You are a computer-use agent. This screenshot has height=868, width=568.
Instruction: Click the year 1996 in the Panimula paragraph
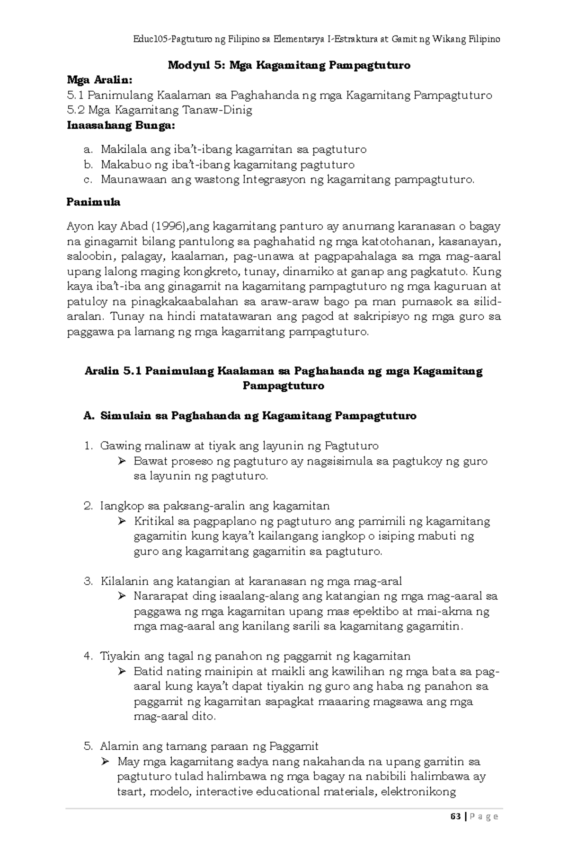pyautogui.click(x=168, y=226)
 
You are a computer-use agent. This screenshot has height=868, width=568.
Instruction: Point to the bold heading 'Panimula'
pyautogui.click(x=94, y=202)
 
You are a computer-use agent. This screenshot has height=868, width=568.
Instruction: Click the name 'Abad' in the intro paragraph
pyautogui.click(x=132, y=226)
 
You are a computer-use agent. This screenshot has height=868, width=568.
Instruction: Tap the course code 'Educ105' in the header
pyautogui.click(x=151, y=39)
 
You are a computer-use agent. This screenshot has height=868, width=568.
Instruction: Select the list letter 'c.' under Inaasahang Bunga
pyautogui.click(x=87, y=180)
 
